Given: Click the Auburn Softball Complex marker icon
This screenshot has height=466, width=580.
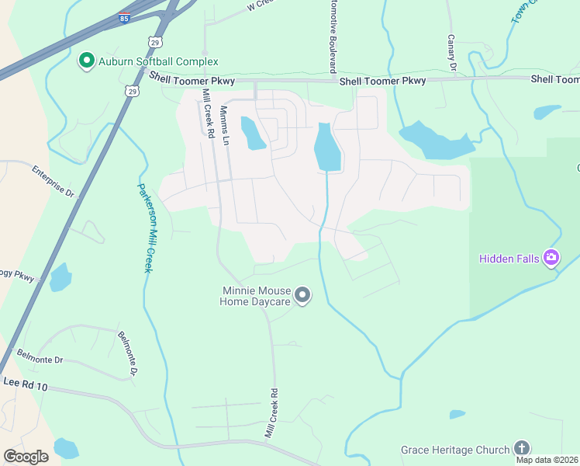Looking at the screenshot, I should click(x=86, y=61).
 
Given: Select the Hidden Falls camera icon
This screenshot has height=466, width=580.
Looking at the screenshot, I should click(x=551, y=258).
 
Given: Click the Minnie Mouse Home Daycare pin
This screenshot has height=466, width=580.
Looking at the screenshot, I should click(x=303, y=295).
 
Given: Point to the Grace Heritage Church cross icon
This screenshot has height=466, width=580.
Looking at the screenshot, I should click(x=522, y=449).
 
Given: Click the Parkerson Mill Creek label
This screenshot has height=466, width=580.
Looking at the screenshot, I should click(x=143, y=227).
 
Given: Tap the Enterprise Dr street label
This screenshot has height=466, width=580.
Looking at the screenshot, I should click(x=53, y=180).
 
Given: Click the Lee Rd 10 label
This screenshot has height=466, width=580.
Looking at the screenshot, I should click(x=26, y=384).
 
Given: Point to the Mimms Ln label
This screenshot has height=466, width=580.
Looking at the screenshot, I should click(x=225, y=126).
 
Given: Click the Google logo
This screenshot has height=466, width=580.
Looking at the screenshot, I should click(x=26, y=457).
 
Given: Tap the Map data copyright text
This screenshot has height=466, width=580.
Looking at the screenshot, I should click(x=547, y=460).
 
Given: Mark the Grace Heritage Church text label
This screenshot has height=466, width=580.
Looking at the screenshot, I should click(x=455, y=450).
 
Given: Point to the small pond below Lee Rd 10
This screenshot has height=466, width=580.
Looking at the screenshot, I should click(x=66, y=448).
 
